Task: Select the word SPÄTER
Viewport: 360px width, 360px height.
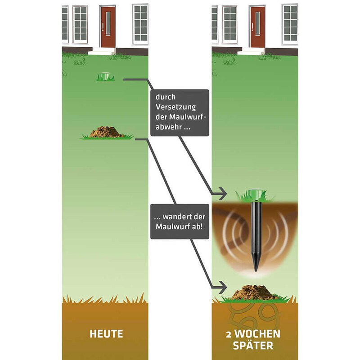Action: pos(254,346)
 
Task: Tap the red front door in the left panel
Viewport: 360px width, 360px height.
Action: pos(108,27)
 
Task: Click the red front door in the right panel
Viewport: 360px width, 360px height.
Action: pos(257,27)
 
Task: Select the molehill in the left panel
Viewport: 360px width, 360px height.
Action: pos(107,132)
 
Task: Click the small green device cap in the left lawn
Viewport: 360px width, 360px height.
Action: pos(105,76)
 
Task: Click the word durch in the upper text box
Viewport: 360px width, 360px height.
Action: pos(166,97)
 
